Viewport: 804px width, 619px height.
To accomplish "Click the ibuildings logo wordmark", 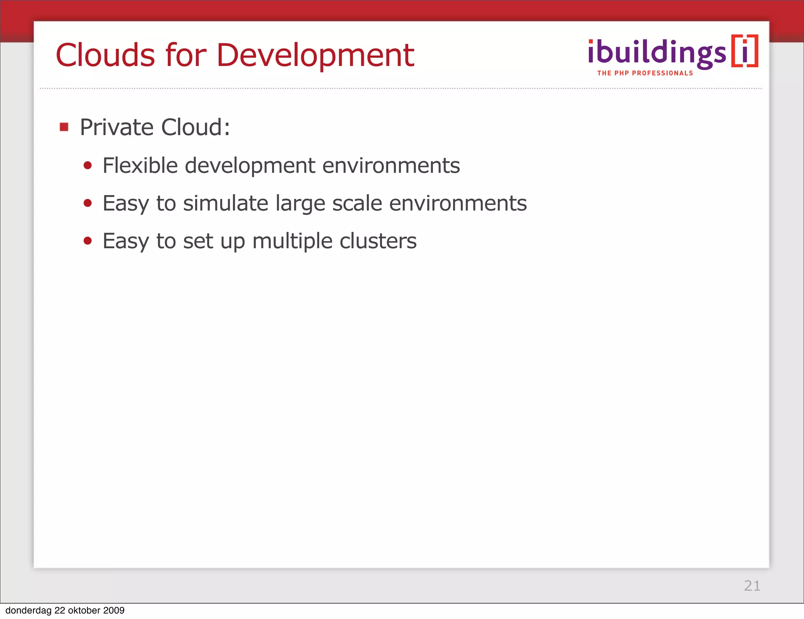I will point(657,53).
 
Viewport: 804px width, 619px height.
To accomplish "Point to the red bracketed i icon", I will point(744,51).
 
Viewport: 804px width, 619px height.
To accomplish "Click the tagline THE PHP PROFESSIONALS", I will point(645,73).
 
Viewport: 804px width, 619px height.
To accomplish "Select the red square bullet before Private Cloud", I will point(64,127).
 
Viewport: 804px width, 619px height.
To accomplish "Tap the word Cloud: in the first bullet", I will point(196,127).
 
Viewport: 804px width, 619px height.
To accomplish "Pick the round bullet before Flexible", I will point(88,165).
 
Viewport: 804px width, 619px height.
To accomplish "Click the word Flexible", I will point(140,165).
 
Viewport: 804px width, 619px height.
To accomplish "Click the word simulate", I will point(225,203).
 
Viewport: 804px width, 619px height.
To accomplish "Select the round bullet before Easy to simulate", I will point(88,203).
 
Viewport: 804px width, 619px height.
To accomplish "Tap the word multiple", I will point(292,241).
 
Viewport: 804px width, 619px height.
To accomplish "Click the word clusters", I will point(378,241).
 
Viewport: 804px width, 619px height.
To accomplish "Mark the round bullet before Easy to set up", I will point(88,241).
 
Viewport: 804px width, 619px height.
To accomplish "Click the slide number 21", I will point(752,586).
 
